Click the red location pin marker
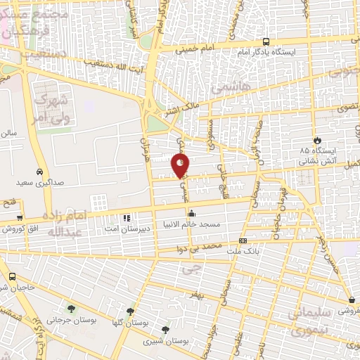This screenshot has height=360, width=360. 181,165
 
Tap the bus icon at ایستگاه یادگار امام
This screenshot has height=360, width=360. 265,41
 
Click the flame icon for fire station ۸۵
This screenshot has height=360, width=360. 317,140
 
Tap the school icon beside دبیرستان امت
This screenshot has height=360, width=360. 126,217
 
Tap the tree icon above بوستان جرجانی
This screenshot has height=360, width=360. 70,309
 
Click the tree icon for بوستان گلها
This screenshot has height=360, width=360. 130,311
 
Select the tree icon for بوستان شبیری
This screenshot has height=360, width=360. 165,330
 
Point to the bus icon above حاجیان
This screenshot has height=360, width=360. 13,276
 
